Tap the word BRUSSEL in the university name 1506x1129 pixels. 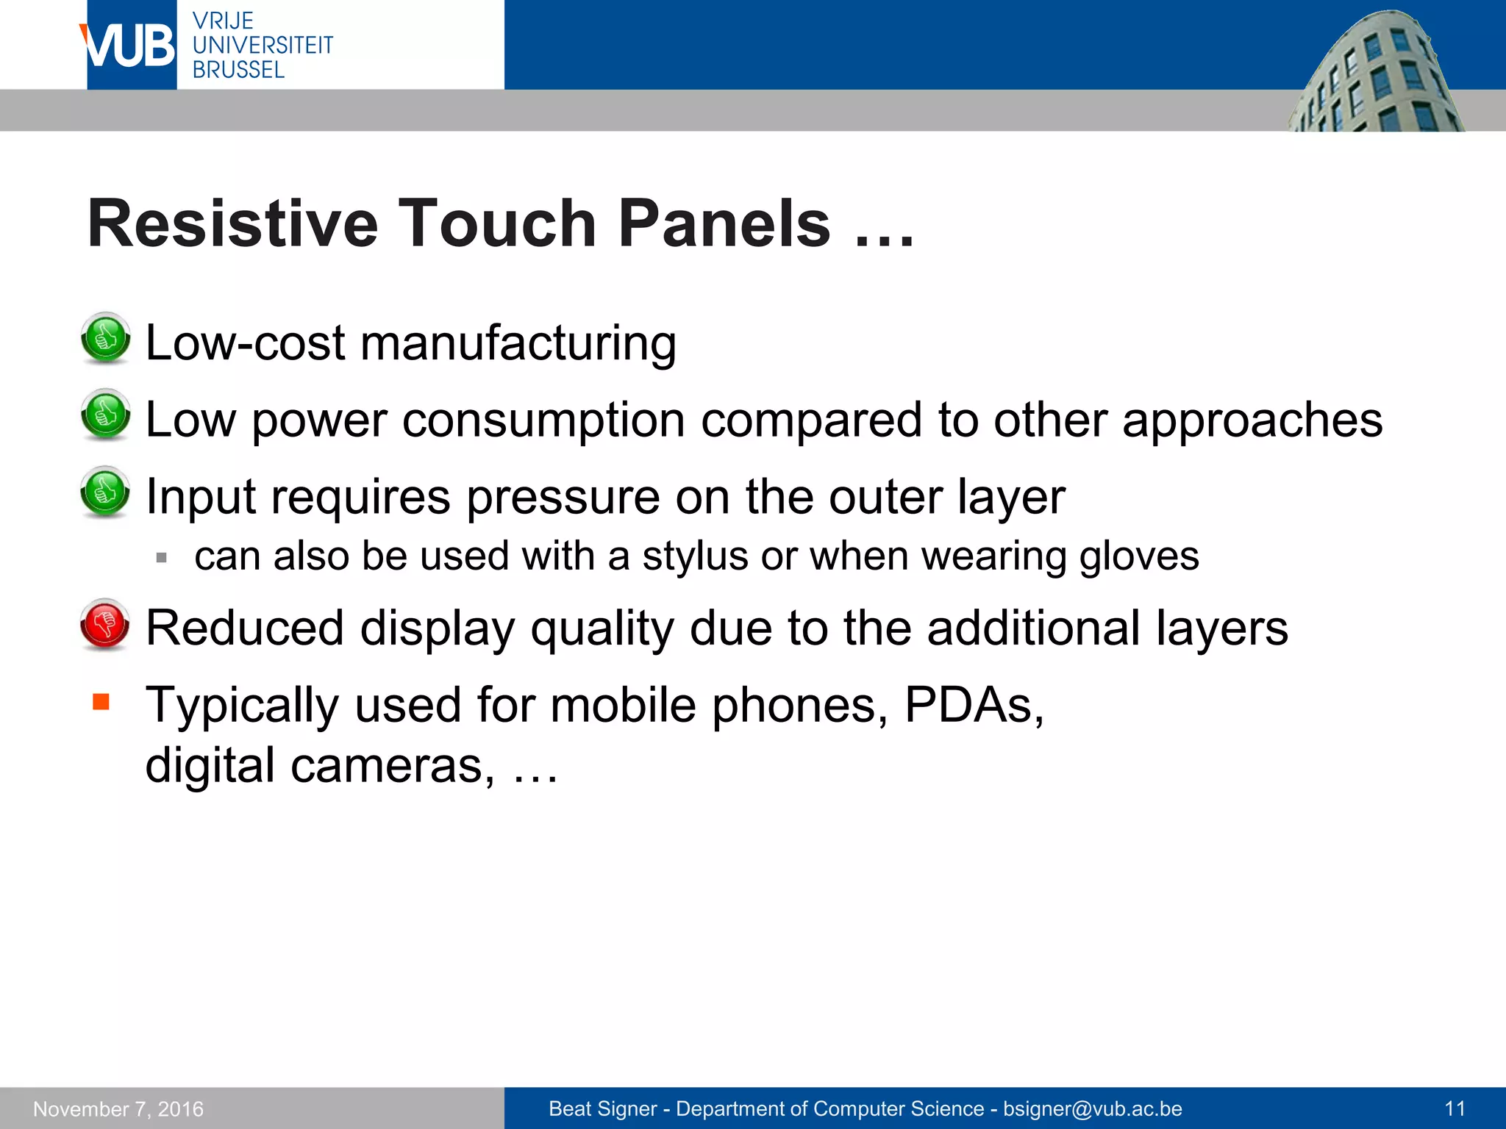coord(238,70)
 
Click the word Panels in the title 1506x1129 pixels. coord(724,223)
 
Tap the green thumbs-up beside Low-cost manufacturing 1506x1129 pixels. coord(105,338)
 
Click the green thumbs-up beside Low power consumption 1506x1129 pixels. coord(105,415)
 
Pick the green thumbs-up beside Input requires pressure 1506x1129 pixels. coord(105,492)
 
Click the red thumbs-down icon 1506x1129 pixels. coord(105,625)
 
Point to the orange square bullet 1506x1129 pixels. coord(101,701)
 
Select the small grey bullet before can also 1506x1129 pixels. coord(162,558)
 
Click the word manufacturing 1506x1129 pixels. coord(518,343)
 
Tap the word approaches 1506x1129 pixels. coord(1252,420)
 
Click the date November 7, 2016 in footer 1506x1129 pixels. coord(118,1109)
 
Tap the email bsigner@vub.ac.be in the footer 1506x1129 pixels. coord(1092,1109)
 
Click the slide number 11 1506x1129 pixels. coord(1455,1109)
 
